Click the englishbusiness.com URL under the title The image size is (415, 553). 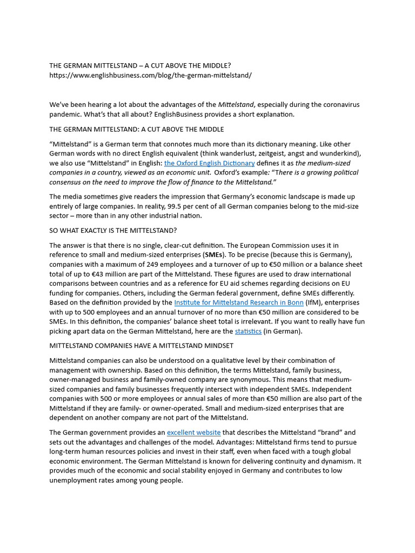pos(150,75)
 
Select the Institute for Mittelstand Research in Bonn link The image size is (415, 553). pos(238,302)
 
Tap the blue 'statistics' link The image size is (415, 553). pos(248,331)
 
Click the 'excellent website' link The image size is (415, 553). pos(193,433)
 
